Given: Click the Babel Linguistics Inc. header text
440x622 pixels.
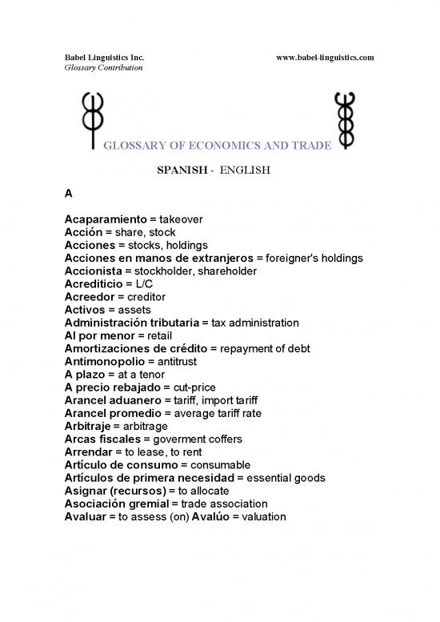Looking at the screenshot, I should pos(104,58).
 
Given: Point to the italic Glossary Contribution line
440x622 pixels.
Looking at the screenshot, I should pos(103,69).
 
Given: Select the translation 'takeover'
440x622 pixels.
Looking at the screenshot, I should pos(181,219).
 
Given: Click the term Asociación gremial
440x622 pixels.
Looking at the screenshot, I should pos(116,504).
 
